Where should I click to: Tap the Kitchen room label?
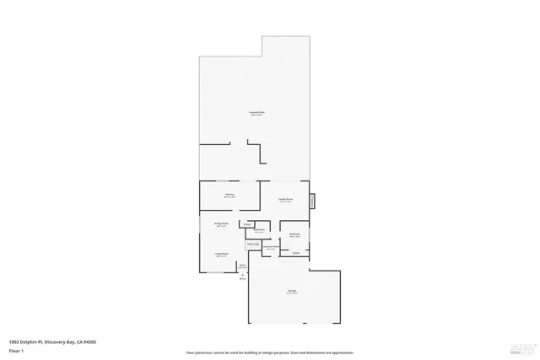coord(229,196)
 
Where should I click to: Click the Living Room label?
coord(221,255)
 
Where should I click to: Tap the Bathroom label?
coord(260,230)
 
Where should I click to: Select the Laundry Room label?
coord(272,248)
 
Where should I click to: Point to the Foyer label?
coord(242,266)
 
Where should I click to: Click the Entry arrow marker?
coord(242,275)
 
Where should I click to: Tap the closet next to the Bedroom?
coord(296,252)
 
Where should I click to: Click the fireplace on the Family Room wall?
coord(313,201)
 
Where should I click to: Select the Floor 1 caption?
coord(16,350)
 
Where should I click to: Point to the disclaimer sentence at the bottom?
coord(269,353)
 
